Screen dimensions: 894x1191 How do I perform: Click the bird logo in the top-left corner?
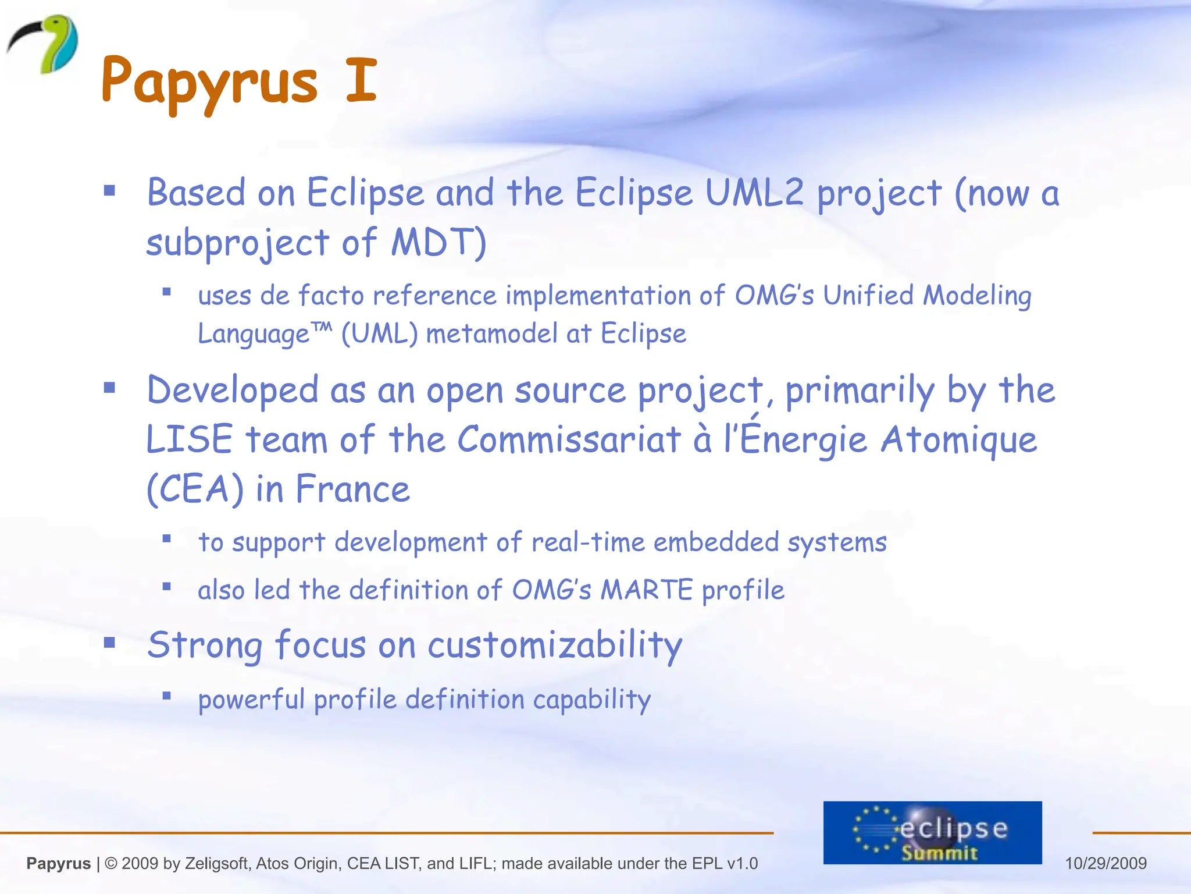(x=44, y=44)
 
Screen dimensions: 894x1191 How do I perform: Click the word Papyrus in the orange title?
(x=209, y=81)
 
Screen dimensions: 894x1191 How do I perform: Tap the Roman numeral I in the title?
(x=361, y=80)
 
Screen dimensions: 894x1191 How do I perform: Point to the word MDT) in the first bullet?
(x=438, y=242)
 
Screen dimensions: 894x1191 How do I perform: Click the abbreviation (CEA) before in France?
(x=195, y=489)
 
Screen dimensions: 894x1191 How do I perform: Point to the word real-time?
(x=588, y=542)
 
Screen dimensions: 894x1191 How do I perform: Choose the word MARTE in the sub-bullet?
(x=646, y=590)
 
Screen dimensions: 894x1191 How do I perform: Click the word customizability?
(x=555, y=646)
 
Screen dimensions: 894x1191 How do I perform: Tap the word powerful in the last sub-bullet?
(x=251, y=700)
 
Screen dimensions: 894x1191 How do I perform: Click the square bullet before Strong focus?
(x=109, y=643)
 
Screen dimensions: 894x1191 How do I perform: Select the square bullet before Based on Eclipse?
(x=109, y=190)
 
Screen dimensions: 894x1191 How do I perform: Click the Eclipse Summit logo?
(x=932, y=832)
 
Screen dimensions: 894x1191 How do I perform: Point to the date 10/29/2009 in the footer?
(x=1106, y=863)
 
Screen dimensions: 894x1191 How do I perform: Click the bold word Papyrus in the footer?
(x=59, y=864)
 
